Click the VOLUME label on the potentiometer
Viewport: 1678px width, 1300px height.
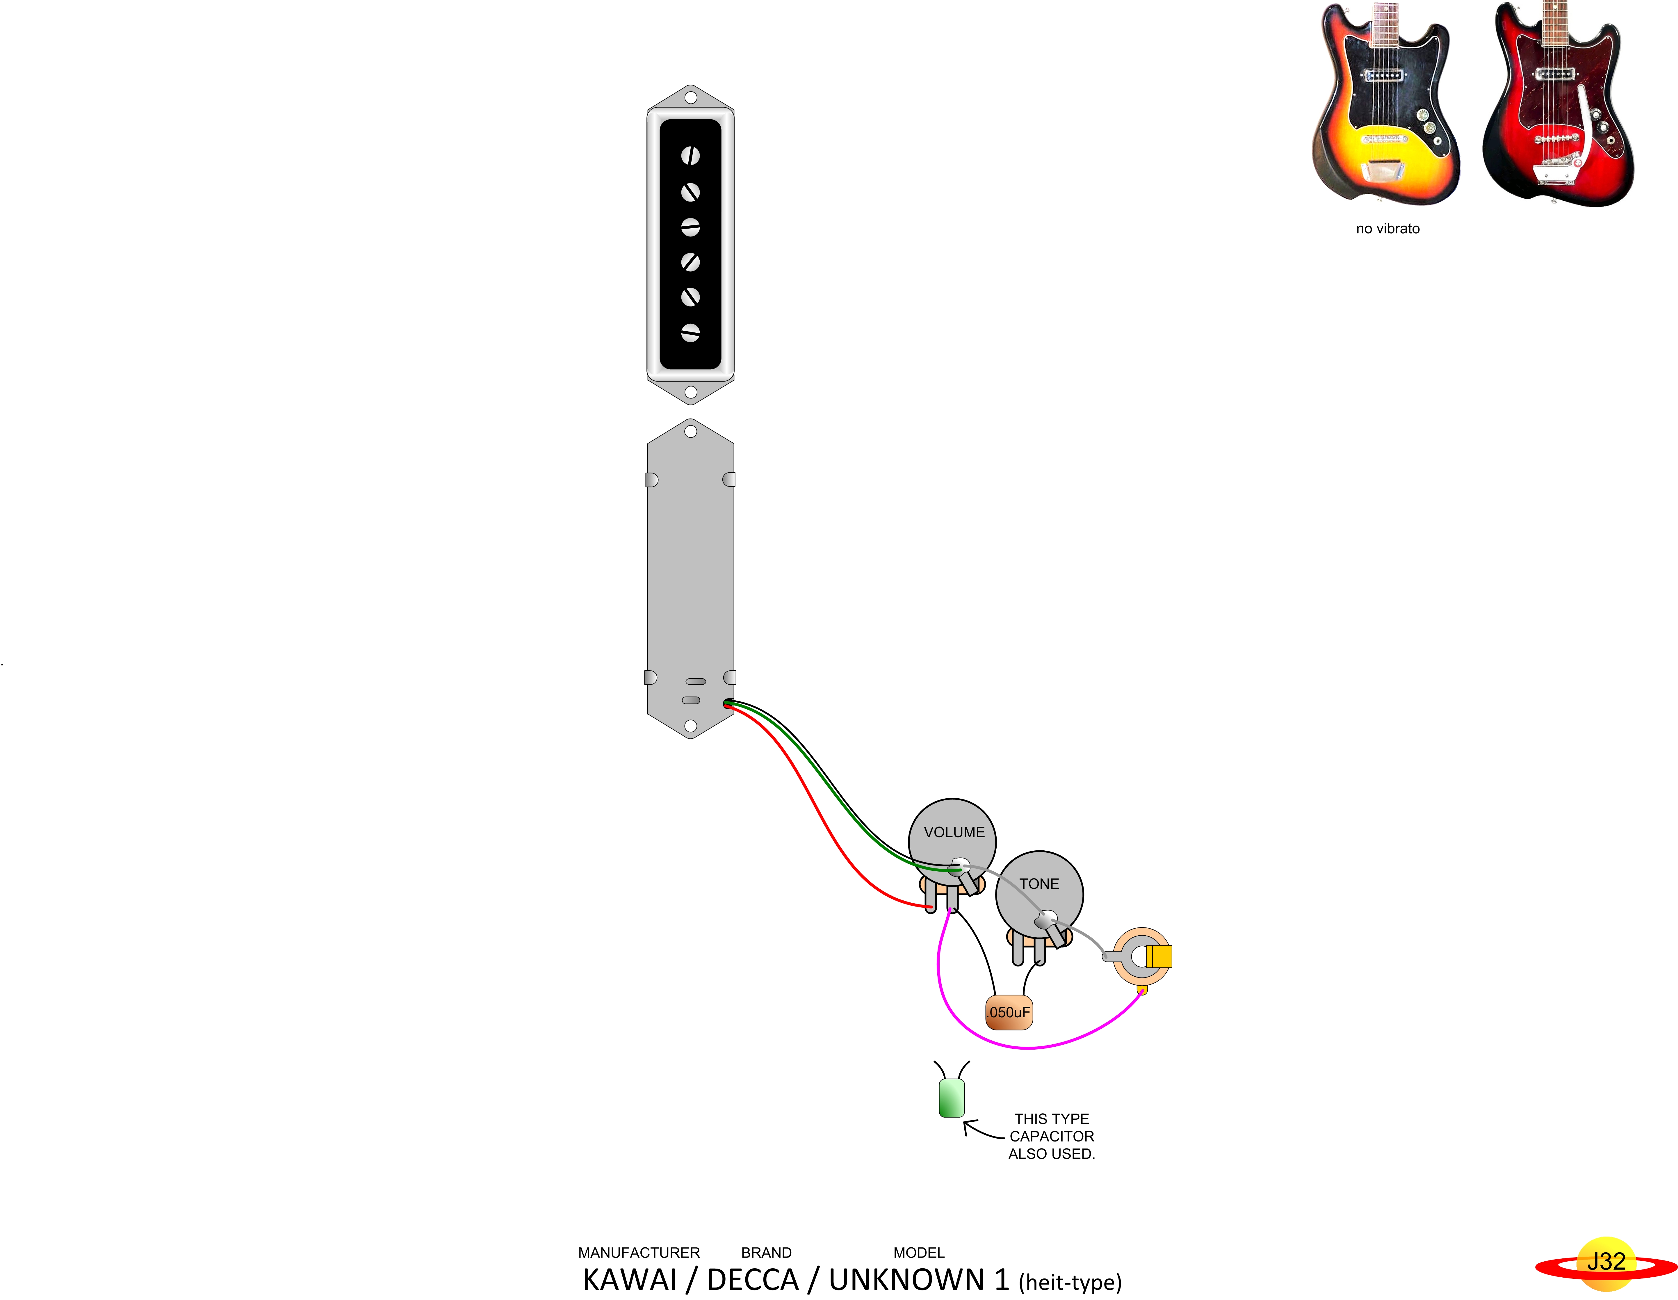click(x=954, y=832)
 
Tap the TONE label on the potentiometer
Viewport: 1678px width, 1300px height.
click(x=1039, y=884)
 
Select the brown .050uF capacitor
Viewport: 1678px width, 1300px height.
click(x=1009, y=1012)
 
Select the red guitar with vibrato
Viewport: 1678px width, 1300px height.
click(x=1556, y=104)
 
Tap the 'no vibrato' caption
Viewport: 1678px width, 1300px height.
click(x=1387, y=228)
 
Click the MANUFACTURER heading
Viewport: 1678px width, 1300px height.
click(x=638, y=1252)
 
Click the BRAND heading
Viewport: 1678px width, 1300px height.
click(x=766, y=1252)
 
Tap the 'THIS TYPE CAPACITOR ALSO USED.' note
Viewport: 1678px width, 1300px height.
click(x=1051, y=1136)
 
